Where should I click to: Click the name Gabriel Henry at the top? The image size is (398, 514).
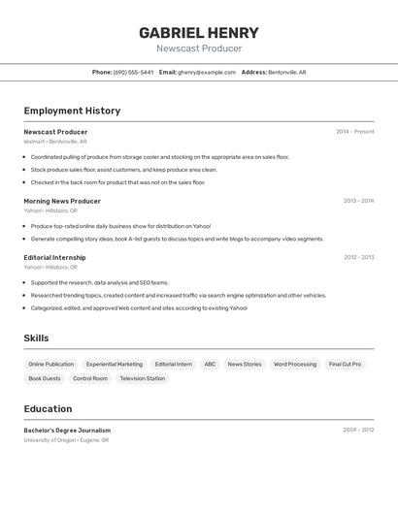pos(199,32)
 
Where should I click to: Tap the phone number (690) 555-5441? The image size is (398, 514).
pos(133,72)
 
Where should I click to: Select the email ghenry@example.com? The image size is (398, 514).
pos(207,72)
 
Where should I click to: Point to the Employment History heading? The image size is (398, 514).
pos(72,111)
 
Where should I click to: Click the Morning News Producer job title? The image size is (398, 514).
pos(62,201)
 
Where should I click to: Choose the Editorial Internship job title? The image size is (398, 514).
pos(54,257)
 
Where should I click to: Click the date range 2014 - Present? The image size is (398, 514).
pos(355,132)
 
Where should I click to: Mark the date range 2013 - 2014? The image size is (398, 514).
pos(358,201)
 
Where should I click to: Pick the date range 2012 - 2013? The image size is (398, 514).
pos(358,257)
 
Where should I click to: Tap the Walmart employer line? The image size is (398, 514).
pos(54,142)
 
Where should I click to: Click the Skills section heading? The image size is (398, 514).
pos(36,338)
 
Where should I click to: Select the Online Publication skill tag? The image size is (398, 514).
pos(51,364)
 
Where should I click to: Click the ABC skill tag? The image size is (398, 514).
pos(210,364)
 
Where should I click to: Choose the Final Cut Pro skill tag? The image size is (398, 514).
pos(345,364)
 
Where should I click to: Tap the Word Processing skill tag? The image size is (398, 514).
pos(295,364)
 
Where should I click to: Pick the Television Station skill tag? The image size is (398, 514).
pos(142,378)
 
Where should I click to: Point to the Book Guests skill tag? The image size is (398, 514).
pos(45,378)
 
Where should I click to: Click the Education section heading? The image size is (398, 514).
pos(48,409)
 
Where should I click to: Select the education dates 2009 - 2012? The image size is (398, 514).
pos(358,430)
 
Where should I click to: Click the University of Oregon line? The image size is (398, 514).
pos(66,440)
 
